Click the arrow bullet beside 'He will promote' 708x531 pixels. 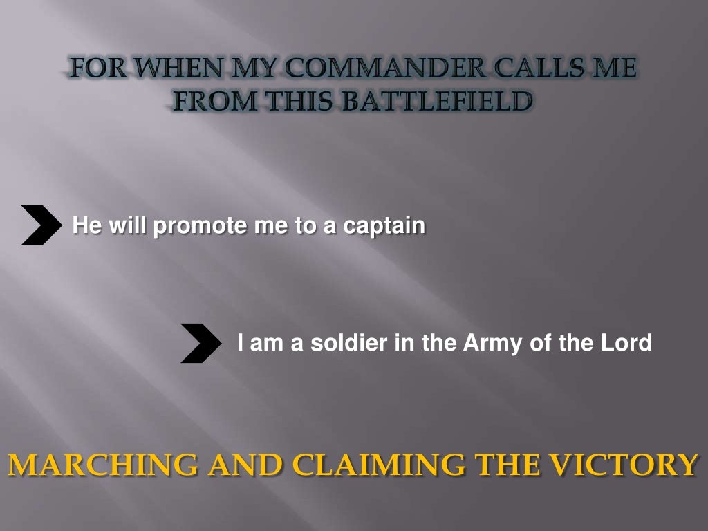pos(40,225)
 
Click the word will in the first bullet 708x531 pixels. pos(127,225)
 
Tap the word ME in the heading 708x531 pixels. pos(612,69)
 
